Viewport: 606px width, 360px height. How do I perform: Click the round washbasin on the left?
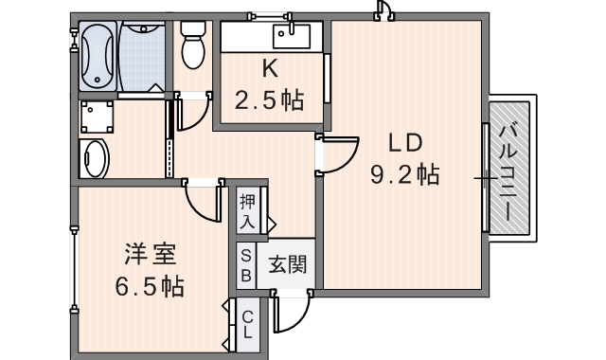(94, 157)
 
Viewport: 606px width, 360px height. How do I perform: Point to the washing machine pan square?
(96, 118)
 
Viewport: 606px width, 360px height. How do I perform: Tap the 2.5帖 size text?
(270, 100)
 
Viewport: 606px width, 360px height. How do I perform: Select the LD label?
(404, 143)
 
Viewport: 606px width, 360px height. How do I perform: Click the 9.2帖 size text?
(404, 174)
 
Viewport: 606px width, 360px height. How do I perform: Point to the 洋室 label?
(151, 255)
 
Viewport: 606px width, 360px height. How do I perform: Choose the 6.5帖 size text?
(150, 285)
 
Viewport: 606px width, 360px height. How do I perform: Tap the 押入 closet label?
(248, 211)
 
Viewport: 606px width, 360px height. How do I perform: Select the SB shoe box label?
(245, 265)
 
